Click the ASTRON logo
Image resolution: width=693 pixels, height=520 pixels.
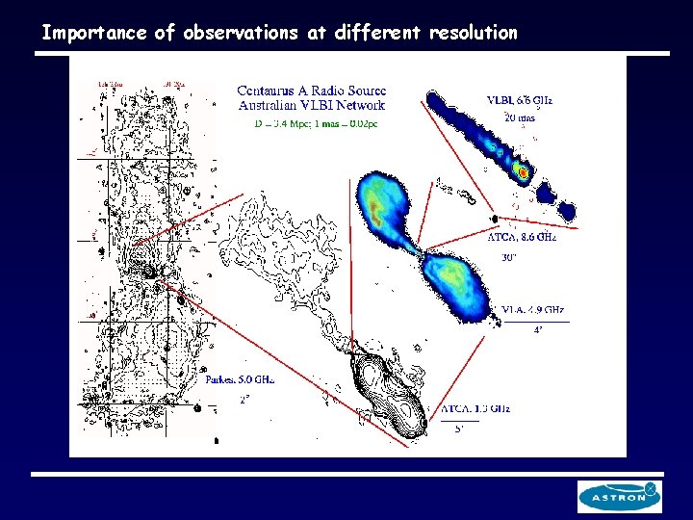(x=619, y=497)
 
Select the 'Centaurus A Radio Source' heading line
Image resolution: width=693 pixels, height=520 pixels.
(x=311, y=91)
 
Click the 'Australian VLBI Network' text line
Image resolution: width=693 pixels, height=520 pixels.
(x=311, y=105)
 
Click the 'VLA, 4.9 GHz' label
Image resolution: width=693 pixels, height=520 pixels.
(x=535, y=310)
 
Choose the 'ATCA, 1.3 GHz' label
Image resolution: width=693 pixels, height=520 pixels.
(x=475, y=408)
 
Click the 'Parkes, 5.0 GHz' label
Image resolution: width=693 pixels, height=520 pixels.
(x=240, y=379)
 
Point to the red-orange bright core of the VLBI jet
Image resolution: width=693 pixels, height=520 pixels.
(x=522, y=172)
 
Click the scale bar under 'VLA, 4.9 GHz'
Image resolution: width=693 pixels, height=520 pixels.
(x=535, y=321)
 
